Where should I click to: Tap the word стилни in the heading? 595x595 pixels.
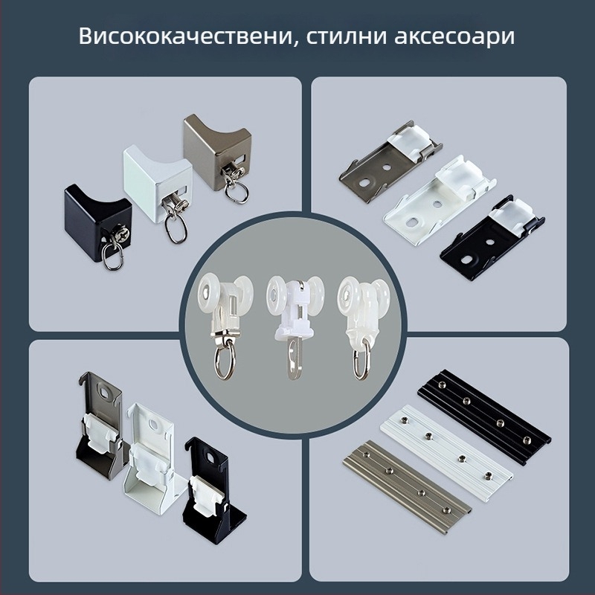click(345, 36)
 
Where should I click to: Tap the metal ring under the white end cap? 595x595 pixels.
click(176, 229)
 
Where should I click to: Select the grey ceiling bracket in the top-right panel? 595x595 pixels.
click(390, 161)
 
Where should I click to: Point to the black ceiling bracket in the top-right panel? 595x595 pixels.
click(492, 237)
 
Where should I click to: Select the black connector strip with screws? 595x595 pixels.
click(484, 416)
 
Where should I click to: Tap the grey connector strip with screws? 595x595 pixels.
click(407, 485)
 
